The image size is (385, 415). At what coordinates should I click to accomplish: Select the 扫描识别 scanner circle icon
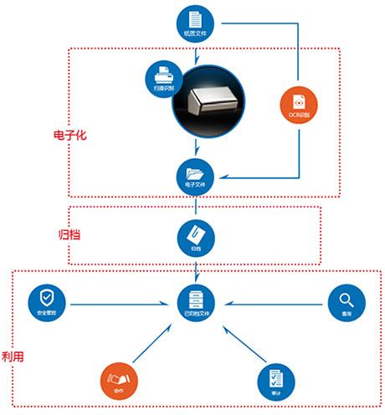click(x=163, y=77)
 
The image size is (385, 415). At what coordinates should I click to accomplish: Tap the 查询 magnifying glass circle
click(x=344, y=302)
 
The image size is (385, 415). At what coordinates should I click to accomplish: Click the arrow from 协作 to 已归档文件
click(x=157, y=342)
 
